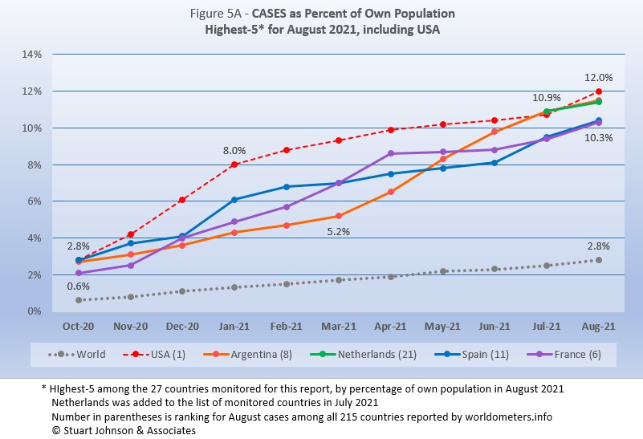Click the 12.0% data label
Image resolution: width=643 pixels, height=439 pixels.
pyautogui.click(x=599, y=78)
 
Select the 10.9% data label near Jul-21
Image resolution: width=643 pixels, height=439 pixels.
pyautogui.click(x=547, y=98)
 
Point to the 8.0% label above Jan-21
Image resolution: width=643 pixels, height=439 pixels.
pyautogui.click(x=234, y=150)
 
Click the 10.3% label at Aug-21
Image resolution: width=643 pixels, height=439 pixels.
pyautogui.click(x=599, y=138)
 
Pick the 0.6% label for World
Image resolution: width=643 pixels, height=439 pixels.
pyautogui.click(x=78, y=286)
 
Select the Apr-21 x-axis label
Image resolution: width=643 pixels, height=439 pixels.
pyautogui.click(x=390, y=326)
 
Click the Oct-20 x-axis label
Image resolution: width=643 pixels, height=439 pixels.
pyautogui.click(x=79, y=326)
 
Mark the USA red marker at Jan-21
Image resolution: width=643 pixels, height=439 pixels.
pyautogui.click(x=234, y=165)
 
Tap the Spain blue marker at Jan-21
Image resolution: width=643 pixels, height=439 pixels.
pyautogui.click(x=234, y=199)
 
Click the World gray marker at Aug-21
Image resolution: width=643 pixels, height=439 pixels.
pyautogui.click(x=599, y=260)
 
